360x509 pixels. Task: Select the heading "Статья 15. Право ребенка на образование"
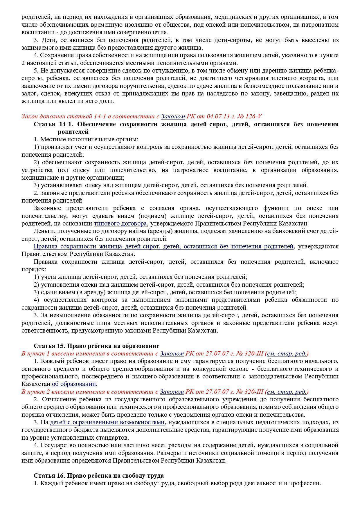96,346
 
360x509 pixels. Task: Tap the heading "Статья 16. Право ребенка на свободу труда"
99,476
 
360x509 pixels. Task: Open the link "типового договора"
120,223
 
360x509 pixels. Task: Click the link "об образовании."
75,384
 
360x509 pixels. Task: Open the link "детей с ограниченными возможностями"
107,422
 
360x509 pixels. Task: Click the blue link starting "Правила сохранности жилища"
164,246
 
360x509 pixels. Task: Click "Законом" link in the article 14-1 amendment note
173,116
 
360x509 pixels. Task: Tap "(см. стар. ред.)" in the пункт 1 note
287,353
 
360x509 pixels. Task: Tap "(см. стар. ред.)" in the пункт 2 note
287,392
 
